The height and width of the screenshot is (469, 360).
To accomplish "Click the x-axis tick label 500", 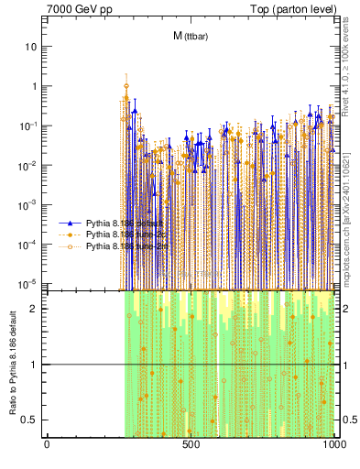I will coord(191,444).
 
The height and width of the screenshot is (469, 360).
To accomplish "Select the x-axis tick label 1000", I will coord(333,444).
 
